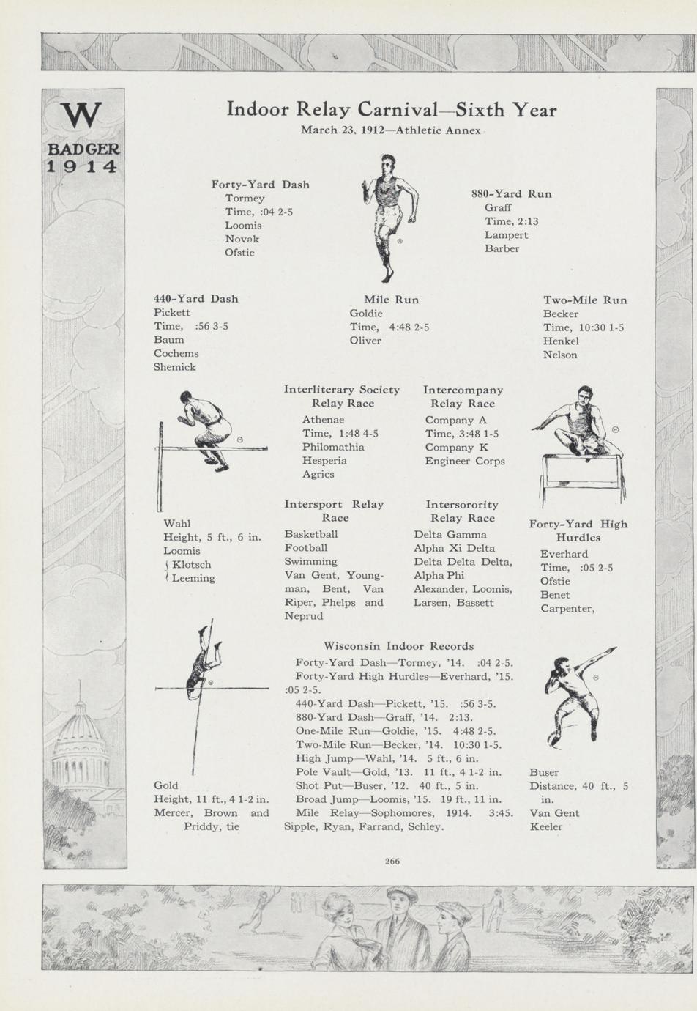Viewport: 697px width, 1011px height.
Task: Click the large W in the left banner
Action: coord(82,114)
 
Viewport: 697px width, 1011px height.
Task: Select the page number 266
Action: coord(392,862)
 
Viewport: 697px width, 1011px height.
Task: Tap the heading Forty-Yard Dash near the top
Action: coord(260,185)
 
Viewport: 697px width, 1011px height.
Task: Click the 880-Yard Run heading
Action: coord(511,194)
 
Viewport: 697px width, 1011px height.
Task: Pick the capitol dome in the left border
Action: coord(81,740)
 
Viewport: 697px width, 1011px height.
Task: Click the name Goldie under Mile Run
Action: coord(366,314)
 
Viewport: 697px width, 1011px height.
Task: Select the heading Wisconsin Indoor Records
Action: coord(398,646)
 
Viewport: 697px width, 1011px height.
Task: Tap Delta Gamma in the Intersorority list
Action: coord(450,535)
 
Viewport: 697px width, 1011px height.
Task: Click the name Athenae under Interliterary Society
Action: coord(323,420)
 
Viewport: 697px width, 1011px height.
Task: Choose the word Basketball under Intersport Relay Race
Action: coord(311,534)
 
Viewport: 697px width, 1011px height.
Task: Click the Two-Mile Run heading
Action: coord(584,300)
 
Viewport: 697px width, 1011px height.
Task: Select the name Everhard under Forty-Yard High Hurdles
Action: coord(564,554)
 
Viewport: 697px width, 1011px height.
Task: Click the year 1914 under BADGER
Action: coord(82,166)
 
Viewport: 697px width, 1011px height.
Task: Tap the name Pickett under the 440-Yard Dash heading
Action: coord(172,313)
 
